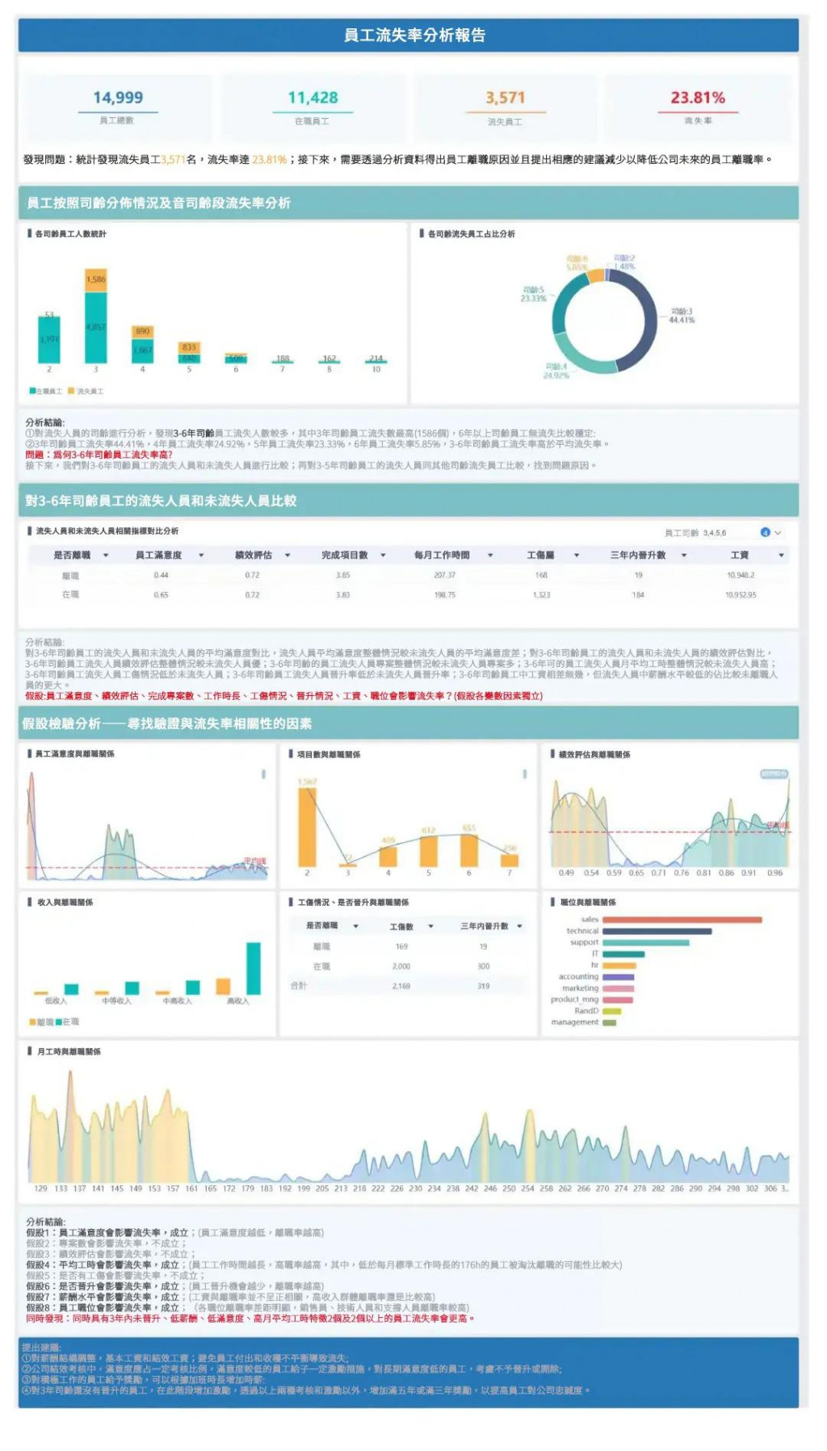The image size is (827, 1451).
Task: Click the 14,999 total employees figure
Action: tap(118, 98)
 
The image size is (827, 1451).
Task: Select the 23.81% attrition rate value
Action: tap(698, 98)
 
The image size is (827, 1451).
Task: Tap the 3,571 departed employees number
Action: tap(506, 98)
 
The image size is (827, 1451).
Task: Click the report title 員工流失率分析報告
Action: tap(414, 36)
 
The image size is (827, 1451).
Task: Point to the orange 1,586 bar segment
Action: tap(96, 280)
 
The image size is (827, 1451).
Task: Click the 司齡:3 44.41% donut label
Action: tap(682, 316)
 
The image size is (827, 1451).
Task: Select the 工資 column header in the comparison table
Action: tap(740, 556)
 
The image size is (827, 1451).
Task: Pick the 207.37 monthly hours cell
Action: tap(444, 576)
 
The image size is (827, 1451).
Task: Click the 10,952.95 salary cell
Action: tap(741, 595)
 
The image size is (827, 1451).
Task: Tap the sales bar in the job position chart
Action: tap(682, 920)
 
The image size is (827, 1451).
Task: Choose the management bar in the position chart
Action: tap(610, 1022)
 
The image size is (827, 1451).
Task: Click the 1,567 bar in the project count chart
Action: tap(307, 826)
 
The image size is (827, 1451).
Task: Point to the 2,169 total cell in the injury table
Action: tap(401, 986)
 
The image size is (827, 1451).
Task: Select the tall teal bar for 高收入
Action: tap(254, 968)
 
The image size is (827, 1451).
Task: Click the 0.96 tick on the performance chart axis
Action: tap(775, 873)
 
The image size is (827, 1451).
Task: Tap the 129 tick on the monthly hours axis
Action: tap(40, 1189)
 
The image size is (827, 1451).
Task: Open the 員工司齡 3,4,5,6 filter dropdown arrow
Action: tap(778, 533)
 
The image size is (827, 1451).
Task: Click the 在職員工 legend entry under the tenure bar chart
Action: tap(46, 391)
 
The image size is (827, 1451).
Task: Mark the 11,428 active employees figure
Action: tap(313, 98)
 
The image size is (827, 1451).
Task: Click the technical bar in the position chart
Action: tap(657, 931)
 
